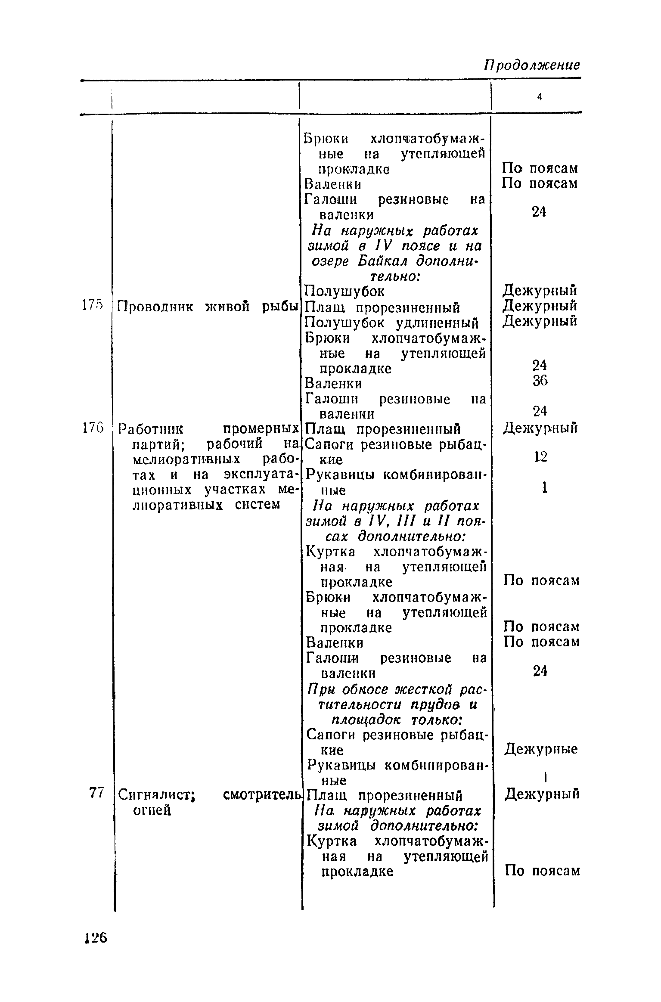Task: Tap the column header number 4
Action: coord(539,98)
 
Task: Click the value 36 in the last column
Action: coord(540,381)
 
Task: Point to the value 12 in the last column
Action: coord(540,456)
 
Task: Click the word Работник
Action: coord(151,429)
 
